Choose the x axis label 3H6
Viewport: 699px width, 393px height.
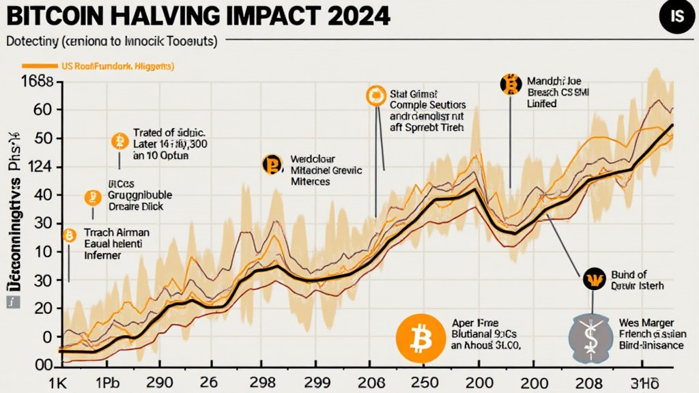point(647,380)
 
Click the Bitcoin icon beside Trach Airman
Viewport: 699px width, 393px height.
point(69,235)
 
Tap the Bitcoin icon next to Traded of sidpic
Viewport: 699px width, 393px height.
point(119,141)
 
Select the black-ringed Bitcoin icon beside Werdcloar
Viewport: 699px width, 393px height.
point(272,164)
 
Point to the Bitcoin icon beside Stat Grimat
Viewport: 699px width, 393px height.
point(375,97)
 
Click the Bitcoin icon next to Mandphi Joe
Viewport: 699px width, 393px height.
point(509,84)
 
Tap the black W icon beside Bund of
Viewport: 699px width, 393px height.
point(593,278)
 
